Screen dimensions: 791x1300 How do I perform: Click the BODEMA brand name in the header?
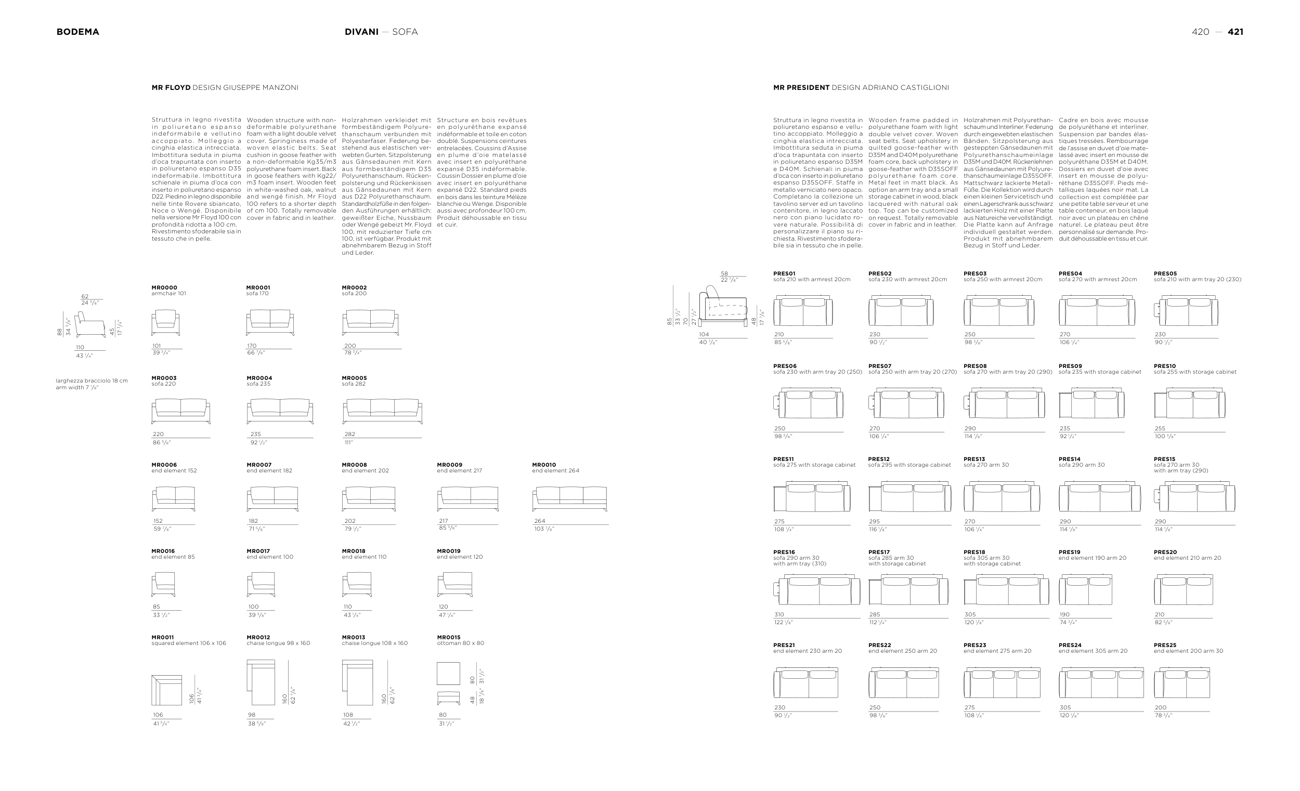coord(77,32)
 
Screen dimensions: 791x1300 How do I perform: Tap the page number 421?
coord(1235,32)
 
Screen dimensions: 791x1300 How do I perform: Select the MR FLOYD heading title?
coord(171,87)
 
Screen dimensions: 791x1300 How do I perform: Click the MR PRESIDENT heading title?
coord(801,87)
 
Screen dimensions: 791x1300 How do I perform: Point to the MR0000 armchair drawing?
coord(166,322)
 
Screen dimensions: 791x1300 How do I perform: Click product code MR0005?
coord(354,378)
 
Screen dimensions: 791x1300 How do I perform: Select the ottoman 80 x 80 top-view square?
coord(448,674)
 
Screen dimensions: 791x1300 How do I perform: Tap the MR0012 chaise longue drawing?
coord(261,682)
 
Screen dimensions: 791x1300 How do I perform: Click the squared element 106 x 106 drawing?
coord(167,690)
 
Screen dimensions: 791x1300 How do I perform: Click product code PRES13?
coord(974,459)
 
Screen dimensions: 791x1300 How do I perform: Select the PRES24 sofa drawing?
coord(1101,682)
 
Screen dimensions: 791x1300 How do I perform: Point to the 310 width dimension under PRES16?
coord(779,614)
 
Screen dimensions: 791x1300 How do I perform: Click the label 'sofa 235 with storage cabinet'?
coord(1099,372)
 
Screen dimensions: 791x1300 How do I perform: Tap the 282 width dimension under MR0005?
coord(350,434)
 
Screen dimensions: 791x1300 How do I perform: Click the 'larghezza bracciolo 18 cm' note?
coord(92,381)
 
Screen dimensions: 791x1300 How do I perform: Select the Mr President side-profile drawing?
coord(723,309)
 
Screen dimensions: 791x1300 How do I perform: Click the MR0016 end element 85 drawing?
coord(163,584)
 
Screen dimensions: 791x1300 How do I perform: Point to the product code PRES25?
coord(1165,645)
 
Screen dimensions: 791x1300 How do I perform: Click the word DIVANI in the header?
coord(361,32)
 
